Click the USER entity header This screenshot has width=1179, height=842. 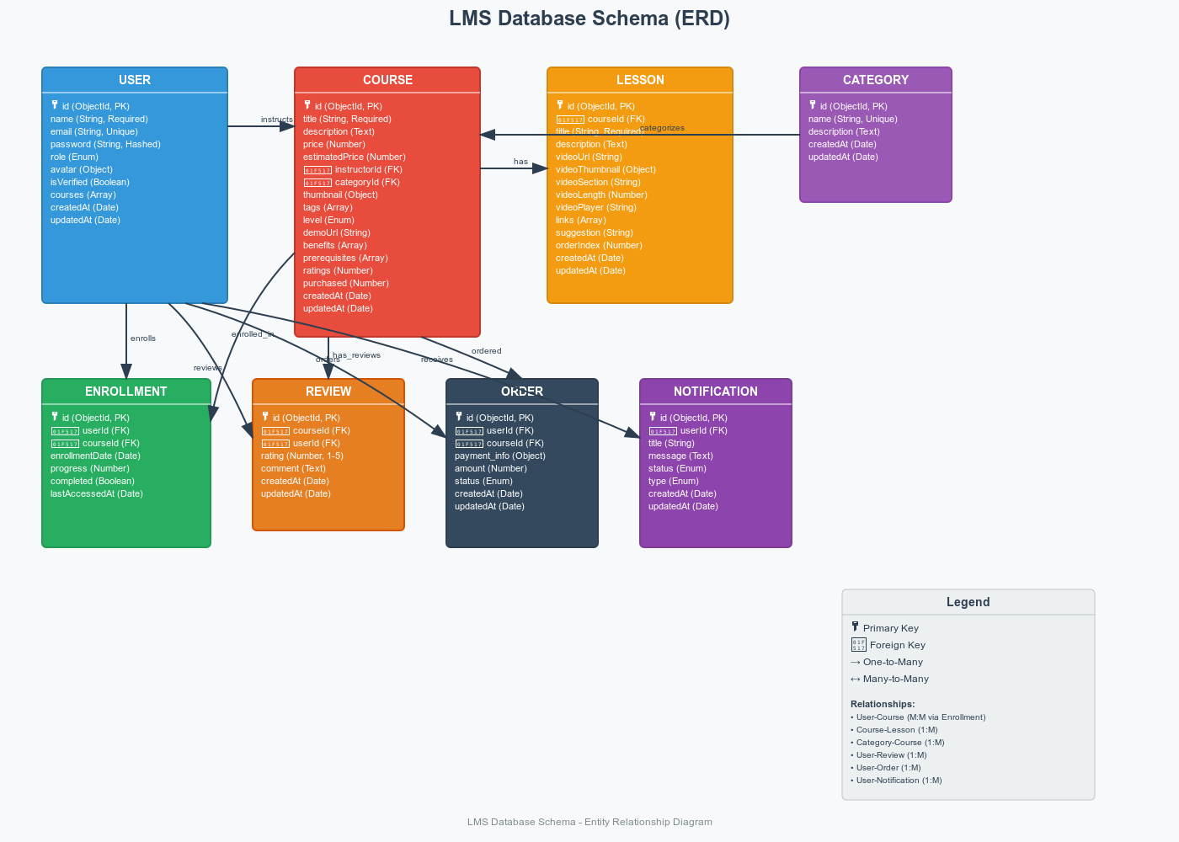point(135,80)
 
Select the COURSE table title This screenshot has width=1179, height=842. point(387,80)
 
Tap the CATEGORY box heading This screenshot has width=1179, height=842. point(876,80)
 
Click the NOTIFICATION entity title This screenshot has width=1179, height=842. point(716,392)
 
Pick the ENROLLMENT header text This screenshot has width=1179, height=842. point(126,392)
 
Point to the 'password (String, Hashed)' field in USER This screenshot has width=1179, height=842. point(105,144)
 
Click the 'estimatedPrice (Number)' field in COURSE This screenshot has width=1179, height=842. point(355,157)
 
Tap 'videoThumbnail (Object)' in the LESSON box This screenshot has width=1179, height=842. point(606,169)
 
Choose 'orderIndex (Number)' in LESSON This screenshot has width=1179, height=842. point(599,245)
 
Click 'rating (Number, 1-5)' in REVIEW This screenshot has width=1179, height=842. point(302,456)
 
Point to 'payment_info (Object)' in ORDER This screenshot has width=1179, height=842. point(500,456)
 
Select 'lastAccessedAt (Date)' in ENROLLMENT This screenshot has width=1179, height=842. point(97,493)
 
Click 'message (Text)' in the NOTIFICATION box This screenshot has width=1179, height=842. point(680,456)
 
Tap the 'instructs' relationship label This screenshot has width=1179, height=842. point(277,120)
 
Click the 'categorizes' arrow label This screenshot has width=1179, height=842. point(662,128)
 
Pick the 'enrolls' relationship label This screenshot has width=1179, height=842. point(143,338)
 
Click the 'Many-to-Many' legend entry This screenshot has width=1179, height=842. point(895,679)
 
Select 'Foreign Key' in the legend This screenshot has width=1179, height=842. point(897,645)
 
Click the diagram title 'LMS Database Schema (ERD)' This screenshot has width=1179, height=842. point(589,19)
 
